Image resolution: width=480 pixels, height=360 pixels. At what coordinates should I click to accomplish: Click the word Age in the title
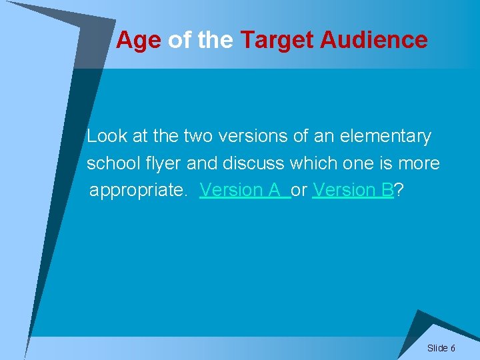click(138, 41)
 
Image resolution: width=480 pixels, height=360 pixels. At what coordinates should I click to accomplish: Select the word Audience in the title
click(374, 41)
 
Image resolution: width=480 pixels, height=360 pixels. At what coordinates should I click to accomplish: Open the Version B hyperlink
click(353, 190)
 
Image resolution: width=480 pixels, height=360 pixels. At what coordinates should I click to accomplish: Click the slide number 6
click(453, 348)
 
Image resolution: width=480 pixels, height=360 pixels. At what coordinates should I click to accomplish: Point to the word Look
click(107, 137)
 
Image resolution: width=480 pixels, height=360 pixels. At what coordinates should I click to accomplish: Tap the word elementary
click(385, 137)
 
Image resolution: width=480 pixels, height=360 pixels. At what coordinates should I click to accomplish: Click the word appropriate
click(139, 191)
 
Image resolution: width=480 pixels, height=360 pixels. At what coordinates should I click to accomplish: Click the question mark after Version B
click(398, 190)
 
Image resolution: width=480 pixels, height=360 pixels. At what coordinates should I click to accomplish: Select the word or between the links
click(299, 191)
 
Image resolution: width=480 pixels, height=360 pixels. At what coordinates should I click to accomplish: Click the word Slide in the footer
click(437, 348)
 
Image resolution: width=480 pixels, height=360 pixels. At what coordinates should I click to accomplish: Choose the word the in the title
click(215, 41)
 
